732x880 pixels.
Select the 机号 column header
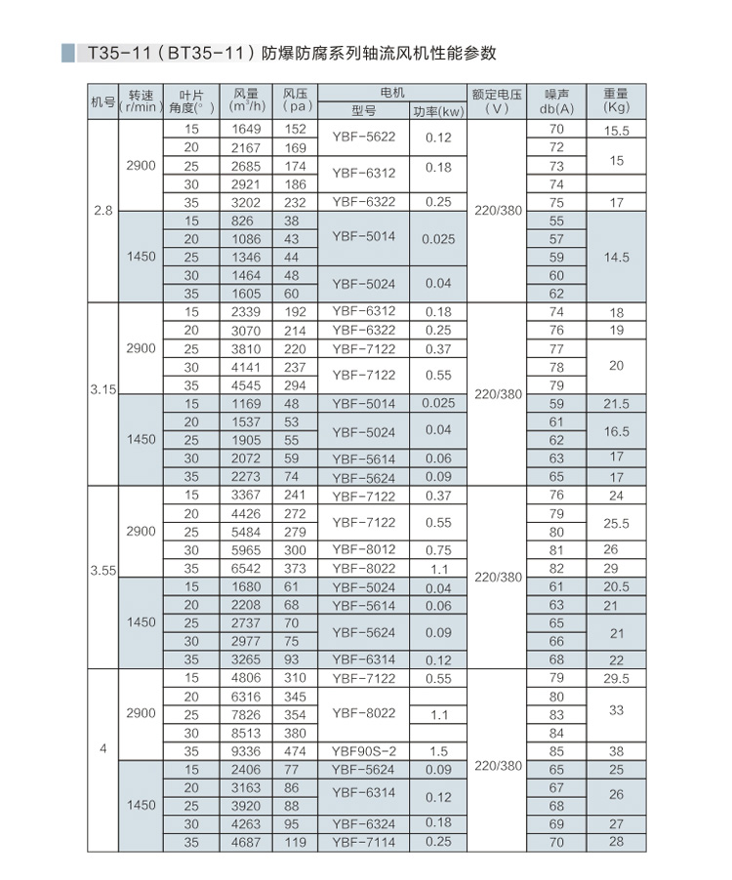pyautogui.click(x=102, y=101)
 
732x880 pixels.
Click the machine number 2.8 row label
pyautogui.click(x=102, y=211)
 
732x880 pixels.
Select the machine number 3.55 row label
pyautogui.click(x=102, y=578)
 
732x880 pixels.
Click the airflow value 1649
pyautogui.click(x=249, y=129)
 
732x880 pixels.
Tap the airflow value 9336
pyautogui.click(x=249, y=751)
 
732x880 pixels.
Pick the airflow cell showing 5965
pyautogui.click(x=249, y=550)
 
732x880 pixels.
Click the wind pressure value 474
pyautogui.click(x=296, y=751)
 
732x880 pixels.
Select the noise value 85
pyautogui.click(x=557, y=751)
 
